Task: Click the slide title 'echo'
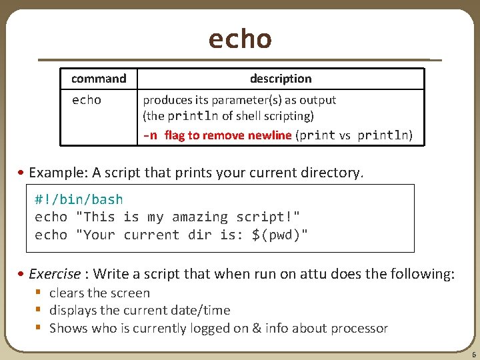click(240, 39)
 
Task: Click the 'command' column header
click(99, 79)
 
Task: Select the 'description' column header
click(281, 79)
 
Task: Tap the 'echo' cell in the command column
click(87, 100)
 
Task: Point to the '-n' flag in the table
click(150, 136)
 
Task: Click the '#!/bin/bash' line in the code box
click(79, 199)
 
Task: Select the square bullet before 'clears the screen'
click(39, 293)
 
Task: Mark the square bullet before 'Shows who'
click(39, 328)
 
